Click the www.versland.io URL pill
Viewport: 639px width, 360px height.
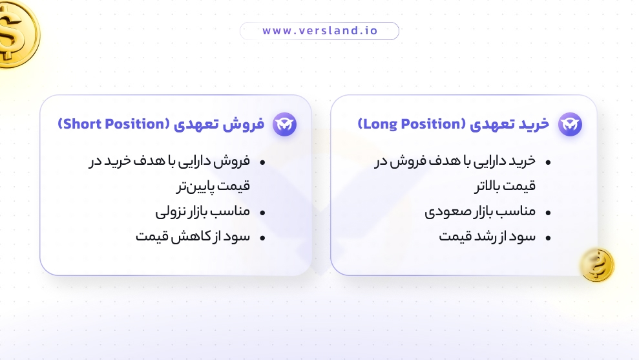[319, 31]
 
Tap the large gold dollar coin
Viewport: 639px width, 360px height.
[14, 32]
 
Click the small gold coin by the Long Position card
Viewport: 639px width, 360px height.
[596, 265]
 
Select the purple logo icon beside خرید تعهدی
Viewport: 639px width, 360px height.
[570, 124]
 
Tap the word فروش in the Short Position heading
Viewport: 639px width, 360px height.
[249, 123]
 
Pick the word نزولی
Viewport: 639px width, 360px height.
[170, 211]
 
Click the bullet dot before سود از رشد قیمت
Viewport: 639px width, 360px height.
[549, 238]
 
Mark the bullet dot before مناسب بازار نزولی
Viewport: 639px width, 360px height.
[263, 213]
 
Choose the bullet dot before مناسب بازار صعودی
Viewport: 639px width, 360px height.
[549, 213]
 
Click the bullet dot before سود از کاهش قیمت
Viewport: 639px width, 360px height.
[263, 238]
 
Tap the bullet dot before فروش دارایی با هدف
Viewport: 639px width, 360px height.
[263, 162]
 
